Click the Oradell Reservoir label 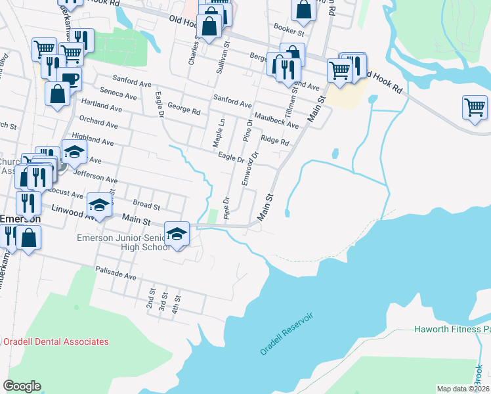[x=287, y=334]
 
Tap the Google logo [x=22, y=386]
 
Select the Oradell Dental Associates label [x=56, y=341]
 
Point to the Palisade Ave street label [x=116, y=273]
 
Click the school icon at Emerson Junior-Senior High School [x=177, y=233]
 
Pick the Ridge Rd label [x=274, y=141]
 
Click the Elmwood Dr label [x=249, y=168]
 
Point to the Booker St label [x=289, y=32]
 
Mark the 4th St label [x=175, y=303]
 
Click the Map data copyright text [x=463, y=389]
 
